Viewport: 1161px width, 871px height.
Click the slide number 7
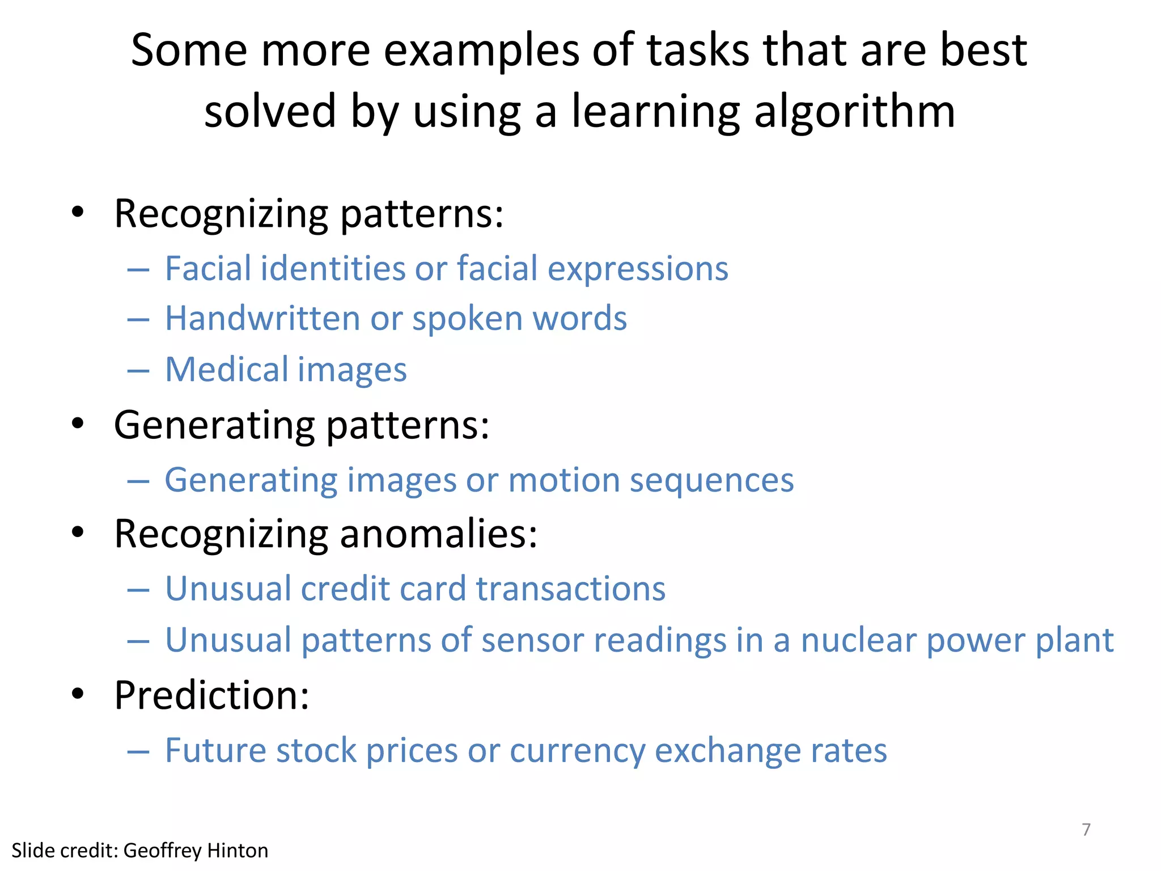[1086, 830]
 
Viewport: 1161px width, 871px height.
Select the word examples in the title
[481, 51]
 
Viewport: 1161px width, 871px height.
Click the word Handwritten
[262, 318]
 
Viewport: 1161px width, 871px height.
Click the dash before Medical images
[138, 371]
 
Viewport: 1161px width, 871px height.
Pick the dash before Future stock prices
[138, 752]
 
